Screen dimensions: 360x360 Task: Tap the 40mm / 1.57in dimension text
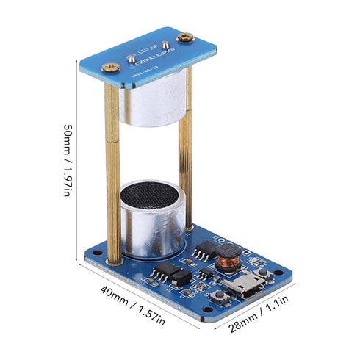133,308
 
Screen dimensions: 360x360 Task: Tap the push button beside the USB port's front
218,296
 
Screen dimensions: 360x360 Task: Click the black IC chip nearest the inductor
199,252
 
